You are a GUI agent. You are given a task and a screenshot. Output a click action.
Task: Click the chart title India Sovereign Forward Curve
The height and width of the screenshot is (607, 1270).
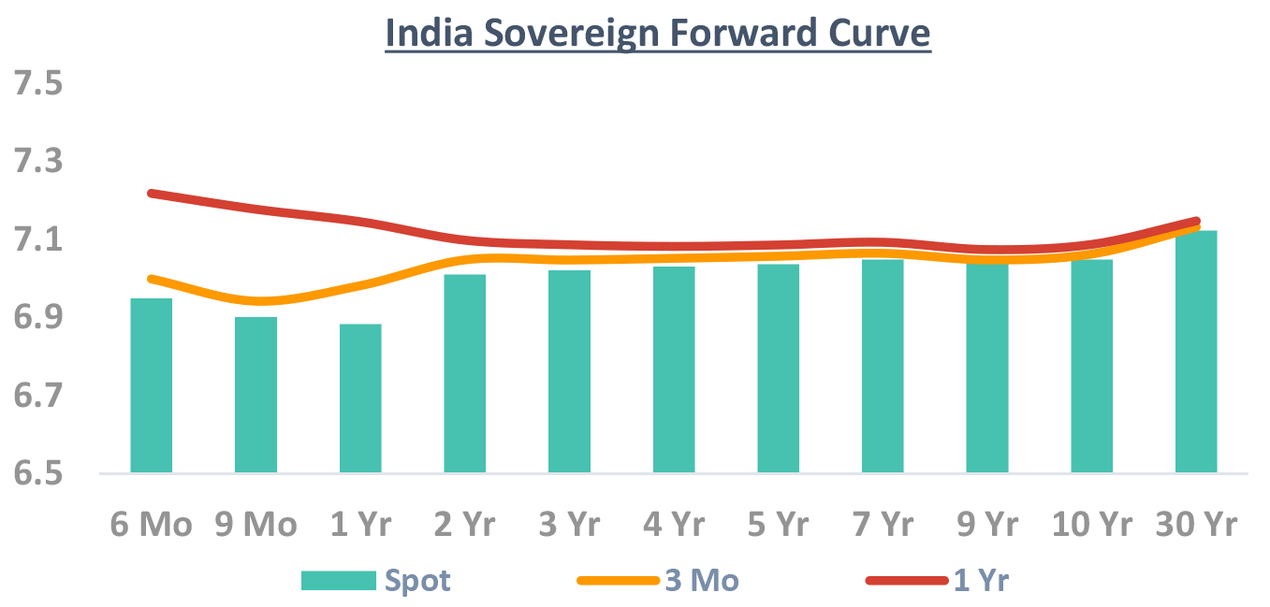pyautogui.click(x=658, y=34)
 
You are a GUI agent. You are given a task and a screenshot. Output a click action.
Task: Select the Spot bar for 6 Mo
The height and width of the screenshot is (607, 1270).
pyautogui.click(x=151, y=385)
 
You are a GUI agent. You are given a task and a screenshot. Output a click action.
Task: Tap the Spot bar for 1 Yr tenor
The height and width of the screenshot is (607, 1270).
pyautogui.click(x=360, y=398)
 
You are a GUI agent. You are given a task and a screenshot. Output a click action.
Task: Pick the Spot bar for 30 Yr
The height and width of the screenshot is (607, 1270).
pyautogui.click(x=1196, y=352)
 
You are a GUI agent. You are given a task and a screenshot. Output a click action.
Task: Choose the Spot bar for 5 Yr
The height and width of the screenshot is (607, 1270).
pyautogui.click(x=779, y=369)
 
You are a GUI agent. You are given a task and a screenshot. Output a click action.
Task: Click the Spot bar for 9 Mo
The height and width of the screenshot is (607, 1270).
pyautogui.click(x=255, y=395)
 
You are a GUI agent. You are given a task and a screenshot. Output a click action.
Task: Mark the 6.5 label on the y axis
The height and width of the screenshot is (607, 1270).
pyautogui.click(x=36, y=474)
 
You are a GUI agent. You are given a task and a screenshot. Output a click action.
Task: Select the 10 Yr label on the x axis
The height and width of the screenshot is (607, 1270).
pyautogui.click(x=1091, y=525)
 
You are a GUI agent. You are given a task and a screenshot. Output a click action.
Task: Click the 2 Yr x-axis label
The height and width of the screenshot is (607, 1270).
pyautogui.click(x=465, y=525)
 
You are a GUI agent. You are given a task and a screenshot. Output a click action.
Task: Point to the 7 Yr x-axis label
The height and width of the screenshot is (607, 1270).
pyautogui.click(x=883, y=525)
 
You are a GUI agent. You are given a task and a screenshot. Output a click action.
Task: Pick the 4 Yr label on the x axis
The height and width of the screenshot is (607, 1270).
pyautogui.click(x=674, y=525)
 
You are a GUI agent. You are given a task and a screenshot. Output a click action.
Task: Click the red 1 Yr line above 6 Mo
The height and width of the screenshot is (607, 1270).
pyautogui.click(x=152, y=194)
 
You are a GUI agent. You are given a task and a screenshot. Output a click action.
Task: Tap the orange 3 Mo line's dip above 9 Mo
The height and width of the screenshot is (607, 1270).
pyautogui.click(x=257, y=301)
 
